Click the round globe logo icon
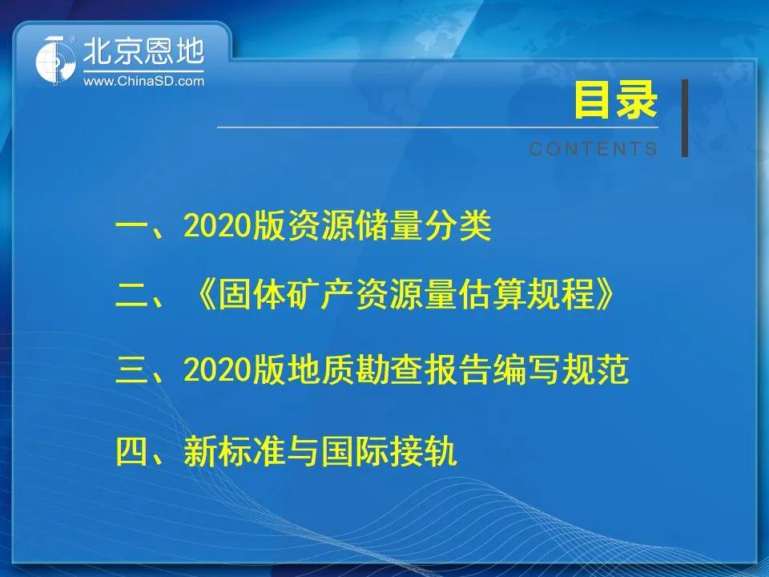tap(55, 61)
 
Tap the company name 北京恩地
tap(143, 51)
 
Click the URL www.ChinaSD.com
tap(143, 81)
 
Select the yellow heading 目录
tap(615, 100)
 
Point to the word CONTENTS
tap(594, 149)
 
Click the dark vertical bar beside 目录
tap(685, 119)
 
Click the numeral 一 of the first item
tap(131, 227)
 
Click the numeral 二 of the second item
tap(131, 296)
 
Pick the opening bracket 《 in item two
tap(204, 296)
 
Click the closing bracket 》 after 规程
tap(605, 296)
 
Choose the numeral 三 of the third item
tap(131, 370)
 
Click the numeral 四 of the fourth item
tap(131, 451)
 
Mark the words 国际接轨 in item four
tap(389, 451)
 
